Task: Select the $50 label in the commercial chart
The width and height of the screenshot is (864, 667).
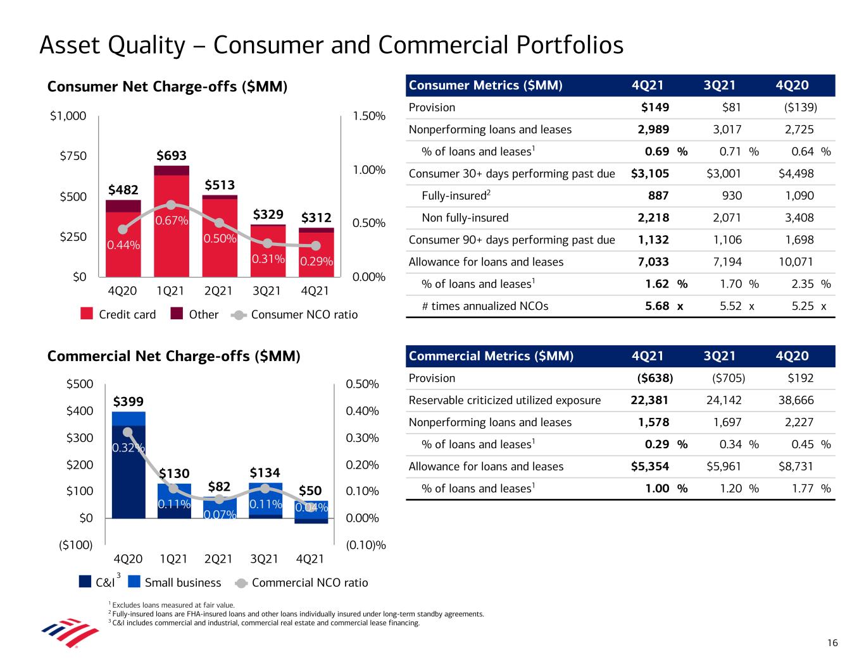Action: [x=310, y=491]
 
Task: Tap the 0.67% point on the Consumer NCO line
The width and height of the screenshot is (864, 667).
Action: [x=171, y=205]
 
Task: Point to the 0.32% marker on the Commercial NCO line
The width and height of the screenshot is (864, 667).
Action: [x=128, y=432]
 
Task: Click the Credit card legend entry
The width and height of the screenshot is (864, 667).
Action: [x=118, y=314]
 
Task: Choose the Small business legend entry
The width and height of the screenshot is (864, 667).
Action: [x=174, y=582]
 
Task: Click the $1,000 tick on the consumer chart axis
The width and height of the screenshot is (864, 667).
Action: [x=68, y=116]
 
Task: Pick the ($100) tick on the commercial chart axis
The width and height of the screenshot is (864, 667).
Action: [x=75, y=544]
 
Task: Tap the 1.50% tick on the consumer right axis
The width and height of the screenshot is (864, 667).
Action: [x=369, y=116]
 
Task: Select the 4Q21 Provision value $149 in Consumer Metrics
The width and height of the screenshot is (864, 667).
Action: [x=655, y=107]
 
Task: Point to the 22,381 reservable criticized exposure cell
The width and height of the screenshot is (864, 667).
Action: [x=649, y=400]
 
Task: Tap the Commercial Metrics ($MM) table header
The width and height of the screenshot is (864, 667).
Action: [x=491, y=356]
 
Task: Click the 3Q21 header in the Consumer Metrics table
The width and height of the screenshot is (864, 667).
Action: [x=720, y=85]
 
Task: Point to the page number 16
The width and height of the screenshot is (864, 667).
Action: [x=832, y=643]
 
